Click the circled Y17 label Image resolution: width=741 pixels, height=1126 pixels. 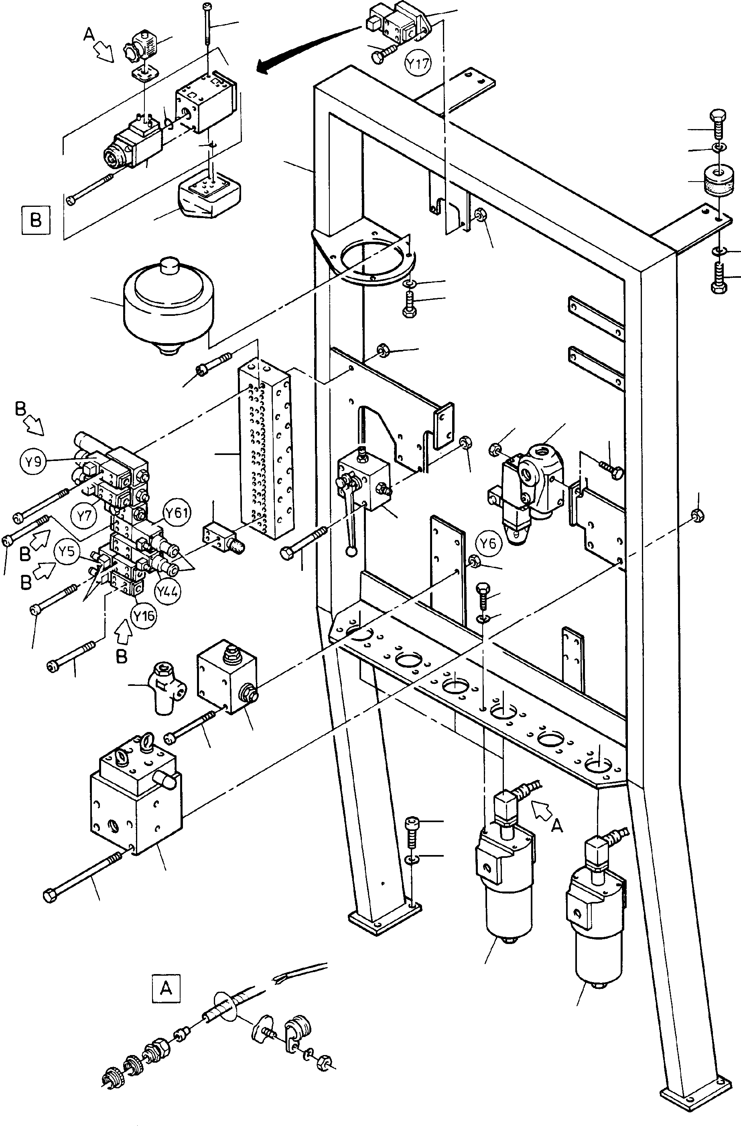click(418, 63)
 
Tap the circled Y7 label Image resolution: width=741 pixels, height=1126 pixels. click(84, 515)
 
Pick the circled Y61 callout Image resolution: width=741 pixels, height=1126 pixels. click(177, 512)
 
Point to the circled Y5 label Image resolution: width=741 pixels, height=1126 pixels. click(67, 552)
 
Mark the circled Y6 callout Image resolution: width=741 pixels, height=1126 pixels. click(488, 544)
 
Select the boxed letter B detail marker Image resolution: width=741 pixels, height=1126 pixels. click(36, 220)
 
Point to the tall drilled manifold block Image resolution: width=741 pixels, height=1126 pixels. click(265, 449)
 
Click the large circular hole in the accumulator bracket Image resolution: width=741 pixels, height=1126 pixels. click(374, 258)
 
